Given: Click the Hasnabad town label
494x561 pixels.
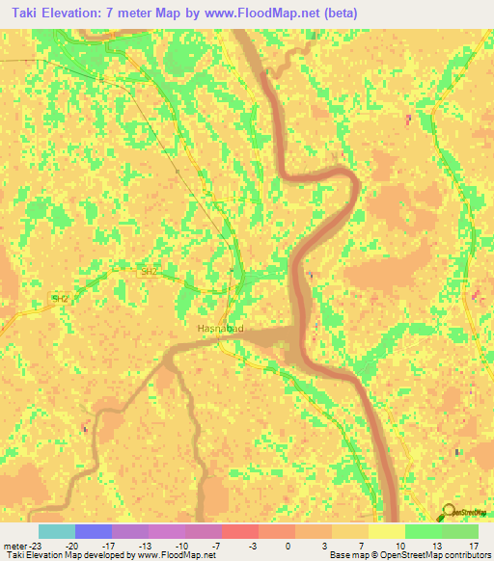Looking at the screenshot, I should tap(220, 329).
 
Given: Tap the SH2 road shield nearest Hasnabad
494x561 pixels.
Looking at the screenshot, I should tap(148, 272).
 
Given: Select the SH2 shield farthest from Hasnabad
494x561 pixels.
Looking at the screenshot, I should tap(61, 299).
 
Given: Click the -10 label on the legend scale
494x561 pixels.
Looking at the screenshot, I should tap(184, 545).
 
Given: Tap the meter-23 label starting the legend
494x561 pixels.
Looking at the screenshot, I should tap(20, 545).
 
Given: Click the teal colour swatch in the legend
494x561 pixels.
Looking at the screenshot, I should tap(56, 531).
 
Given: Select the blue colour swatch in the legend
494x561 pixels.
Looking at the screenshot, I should tap(93, 531).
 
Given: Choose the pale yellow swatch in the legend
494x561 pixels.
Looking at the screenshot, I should tap(386, 531).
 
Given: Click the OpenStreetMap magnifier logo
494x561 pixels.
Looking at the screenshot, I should tap(448, 513).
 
